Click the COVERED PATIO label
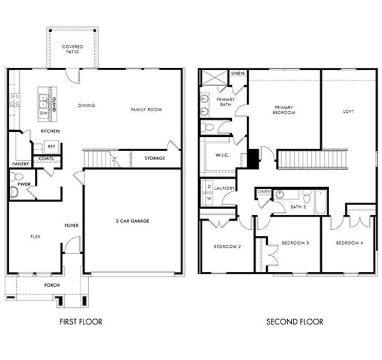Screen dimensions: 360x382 pos(73,49)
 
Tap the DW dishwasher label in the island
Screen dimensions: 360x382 pos(44,112)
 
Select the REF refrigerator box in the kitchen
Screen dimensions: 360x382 pos(51,146)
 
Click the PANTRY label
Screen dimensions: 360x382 pos(20,163)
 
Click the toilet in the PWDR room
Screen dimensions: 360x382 pos(17,178)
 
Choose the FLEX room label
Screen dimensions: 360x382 pos(35,236)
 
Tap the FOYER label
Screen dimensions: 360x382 pos(71,226)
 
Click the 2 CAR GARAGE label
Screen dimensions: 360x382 pos(132,221)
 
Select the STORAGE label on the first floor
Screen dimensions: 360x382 pos(155,159)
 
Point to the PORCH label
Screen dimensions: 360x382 pos(52,284)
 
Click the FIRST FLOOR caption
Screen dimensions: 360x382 pos(80,322)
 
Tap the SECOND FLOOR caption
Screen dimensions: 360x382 pos(294,322)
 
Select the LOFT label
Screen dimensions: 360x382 pos(348,111)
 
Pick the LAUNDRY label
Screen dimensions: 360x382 pos(224,188)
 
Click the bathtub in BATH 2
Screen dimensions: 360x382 pos(320,202)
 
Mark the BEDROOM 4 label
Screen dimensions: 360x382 pos(350,242)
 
